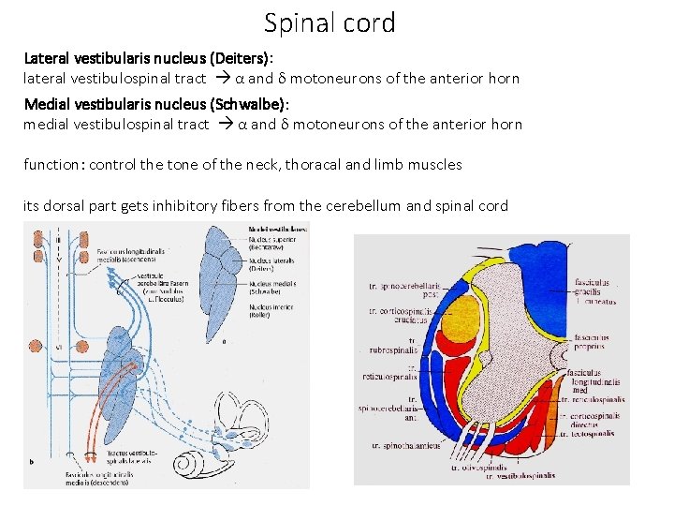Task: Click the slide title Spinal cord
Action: pos(330,22)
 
